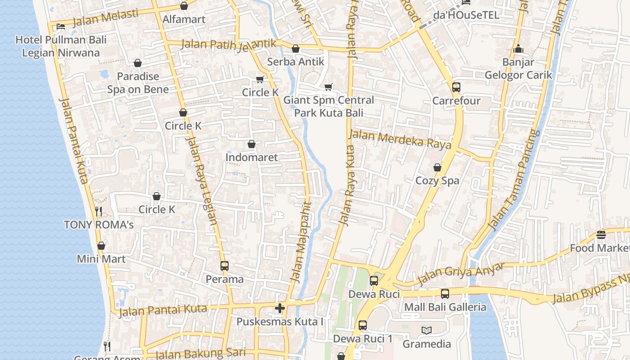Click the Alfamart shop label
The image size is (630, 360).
coord(184,19)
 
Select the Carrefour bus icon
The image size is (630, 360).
coord(456,87)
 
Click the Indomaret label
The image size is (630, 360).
coord(252,157)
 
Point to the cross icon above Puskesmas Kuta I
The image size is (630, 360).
coord(280,308)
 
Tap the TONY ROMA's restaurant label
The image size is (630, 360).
coord(99,225)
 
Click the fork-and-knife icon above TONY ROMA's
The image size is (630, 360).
coord(99,211)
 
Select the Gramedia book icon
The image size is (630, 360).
coord(427,331)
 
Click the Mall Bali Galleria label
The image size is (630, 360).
coord(445,307)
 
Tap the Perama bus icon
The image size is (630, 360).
coord(225,266)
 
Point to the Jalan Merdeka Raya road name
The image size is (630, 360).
coord(400,139)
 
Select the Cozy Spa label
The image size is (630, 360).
coord(437,180)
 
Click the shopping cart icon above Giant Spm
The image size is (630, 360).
coord(328,86)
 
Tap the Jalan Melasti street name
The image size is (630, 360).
coord(105,18)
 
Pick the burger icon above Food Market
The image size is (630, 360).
coord(601,234)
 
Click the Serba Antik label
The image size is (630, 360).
coord(296,62)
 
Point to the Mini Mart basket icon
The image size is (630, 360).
coord(101,246)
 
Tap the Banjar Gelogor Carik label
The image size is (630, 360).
coord(518,68)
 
